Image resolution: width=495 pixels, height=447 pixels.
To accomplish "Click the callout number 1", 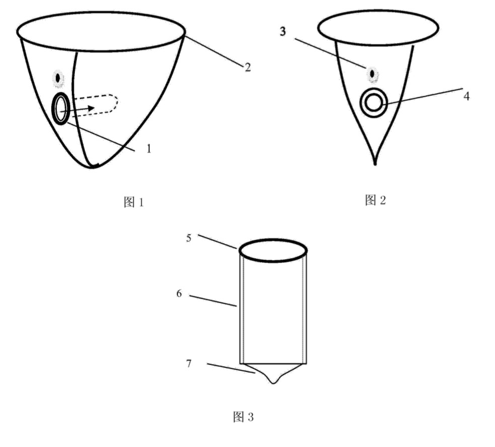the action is coord(149,148).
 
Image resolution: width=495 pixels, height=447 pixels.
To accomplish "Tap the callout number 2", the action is coord(248,67).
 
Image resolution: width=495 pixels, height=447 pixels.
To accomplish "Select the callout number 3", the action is coord(283,31).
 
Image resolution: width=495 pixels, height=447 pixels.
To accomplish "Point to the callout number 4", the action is coord(466,96).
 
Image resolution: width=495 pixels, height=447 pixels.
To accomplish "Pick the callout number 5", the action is coord(189,238).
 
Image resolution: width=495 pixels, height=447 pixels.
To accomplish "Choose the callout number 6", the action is coord(179,294).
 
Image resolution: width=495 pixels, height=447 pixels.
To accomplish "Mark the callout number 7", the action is coord(189,363).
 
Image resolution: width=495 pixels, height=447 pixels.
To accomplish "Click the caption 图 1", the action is coord(134,202).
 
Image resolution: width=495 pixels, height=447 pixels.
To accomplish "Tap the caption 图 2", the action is coord(375,200).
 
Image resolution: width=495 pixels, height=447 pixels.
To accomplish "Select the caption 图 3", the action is coord(243,417).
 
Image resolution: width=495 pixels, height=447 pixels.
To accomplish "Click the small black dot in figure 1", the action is coord(58,78).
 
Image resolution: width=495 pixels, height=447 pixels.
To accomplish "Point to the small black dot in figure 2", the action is coord(373,73).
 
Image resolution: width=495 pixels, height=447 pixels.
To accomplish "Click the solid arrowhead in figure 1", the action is coord(91,108).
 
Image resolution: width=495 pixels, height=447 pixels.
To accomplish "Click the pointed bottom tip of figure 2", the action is coord(375,164).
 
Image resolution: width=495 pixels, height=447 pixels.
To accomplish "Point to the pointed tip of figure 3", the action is coord(273,383).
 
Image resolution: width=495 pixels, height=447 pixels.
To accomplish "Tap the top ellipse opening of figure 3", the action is coord(273,240).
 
